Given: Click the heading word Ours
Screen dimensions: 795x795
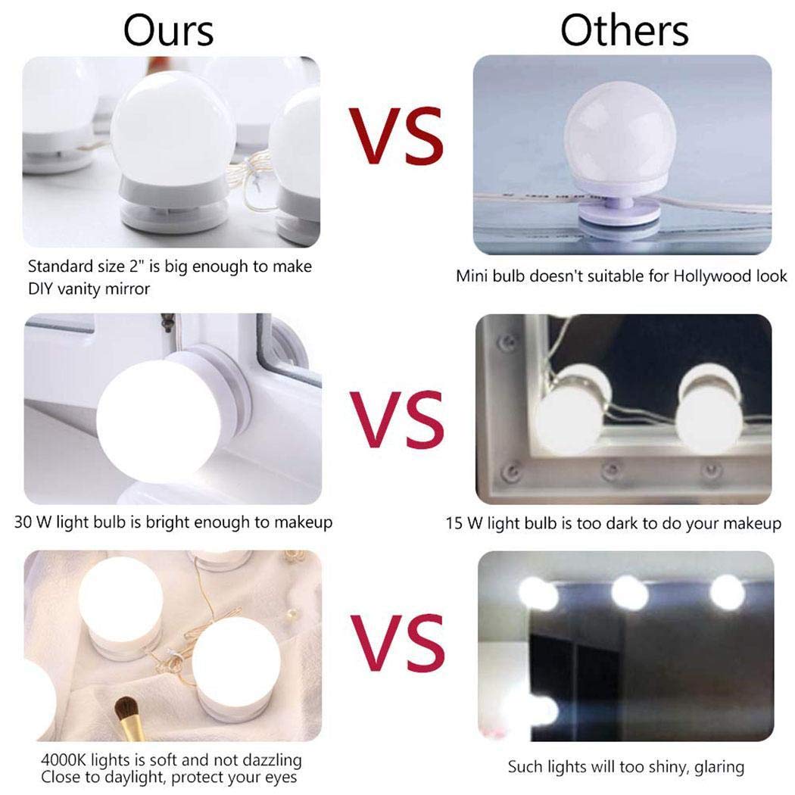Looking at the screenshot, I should tap(169, 30).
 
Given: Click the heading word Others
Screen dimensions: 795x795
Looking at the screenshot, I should tap(625, 30).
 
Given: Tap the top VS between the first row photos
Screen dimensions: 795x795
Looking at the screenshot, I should tap(396, 136).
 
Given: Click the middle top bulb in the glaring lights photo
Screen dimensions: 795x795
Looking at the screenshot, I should tap(629, 593).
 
